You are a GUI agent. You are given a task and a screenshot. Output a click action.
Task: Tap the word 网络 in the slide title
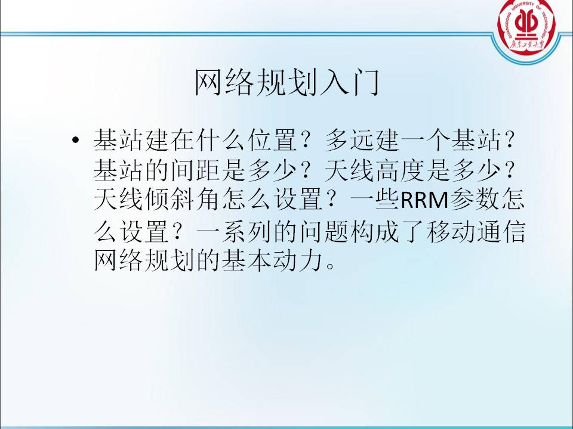click(x=224, y=82)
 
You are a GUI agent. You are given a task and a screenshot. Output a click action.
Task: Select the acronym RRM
click(x=424, y=200)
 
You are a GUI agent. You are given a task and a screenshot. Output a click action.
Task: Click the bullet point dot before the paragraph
click(x=76, y=140)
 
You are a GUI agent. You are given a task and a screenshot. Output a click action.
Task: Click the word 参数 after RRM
click(x=475, y=200)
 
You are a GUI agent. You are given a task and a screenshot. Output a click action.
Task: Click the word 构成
click(x=375, y=231)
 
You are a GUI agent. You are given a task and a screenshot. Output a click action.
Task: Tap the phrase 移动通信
click(x=476, y=231)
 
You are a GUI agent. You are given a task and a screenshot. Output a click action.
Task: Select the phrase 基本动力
click(x=272, y=260)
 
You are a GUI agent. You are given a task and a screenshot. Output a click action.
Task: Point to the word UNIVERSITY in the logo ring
click(x=524, y=6)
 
